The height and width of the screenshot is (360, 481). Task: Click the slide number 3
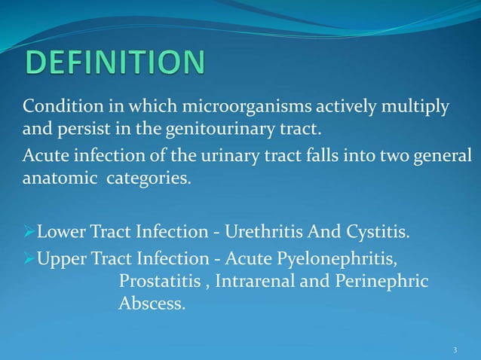tap(455, 350)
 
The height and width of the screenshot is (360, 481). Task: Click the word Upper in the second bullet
tap(60, 261)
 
